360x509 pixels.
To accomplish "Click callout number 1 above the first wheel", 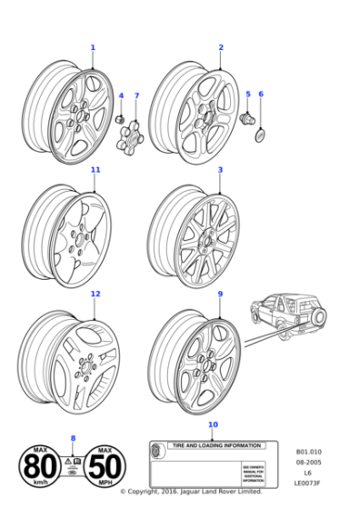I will (x=92, y=47).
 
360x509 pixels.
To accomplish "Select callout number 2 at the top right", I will (x=220, y=47).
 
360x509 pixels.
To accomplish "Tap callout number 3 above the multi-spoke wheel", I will (x=220, y=170).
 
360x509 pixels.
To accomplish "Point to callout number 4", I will (x=121, y=95).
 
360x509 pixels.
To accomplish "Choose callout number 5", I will (x=247, y=94).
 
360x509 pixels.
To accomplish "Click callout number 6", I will (x=260, y=94).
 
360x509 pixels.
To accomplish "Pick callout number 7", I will (x=137, y=95).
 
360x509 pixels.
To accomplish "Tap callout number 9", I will (x=220, y=294).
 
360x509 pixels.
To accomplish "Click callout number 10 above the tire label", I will (x=213, y=424).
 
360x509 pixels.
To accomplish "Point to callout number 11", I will (x=95, y=170).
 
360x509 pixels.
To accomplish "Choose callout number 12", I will (x=95, y=294).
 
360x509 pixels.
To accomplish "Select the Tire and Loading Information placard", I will (x=212, y=463).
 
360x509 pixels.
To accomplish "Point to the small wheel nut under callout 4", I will (x=119, y=117).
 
